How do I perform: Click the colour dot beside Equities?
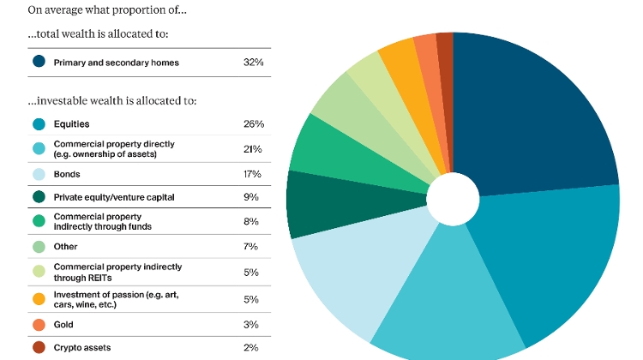[x=39, y=124]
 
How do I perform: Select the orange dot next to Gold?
[x=39, y=325]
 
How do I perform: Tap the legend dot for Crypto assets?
[x=39, y=347]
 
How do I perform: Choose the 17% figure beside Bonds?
[x=253, y=173]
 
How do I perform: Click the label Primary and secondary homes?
[x=117, y=63]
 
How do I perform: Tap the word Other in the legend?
[x=65, y=247]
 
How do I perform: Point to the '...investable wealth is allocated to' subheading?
[x=112, y=101]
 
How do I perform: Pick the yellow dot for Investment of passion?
[x=39, y=299]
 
